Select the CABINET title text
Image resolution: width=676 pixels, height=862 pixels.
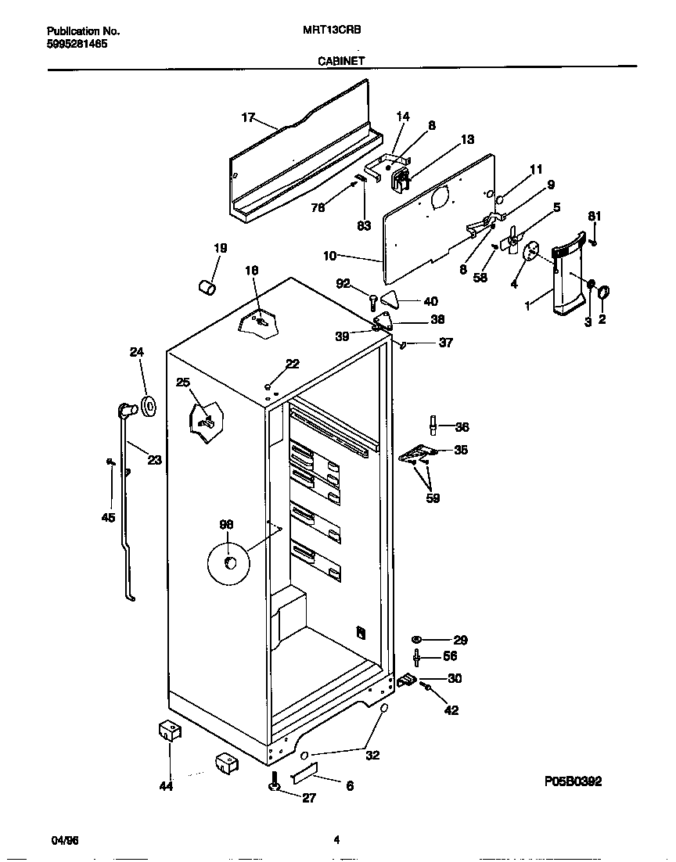click(340, 60)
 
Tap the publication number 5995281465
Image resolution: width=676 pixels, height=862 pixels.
click(77, 45)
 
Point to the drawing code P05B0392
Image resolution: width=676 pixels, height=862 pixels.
click(573, 781)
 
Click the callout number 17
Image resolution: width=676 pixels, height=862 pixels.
click(248, 118)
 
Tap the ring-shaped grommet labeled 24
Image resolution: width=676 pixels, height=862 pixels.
click(146, 406)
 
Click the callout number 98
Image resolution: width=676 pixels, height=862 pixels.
click(226, 525)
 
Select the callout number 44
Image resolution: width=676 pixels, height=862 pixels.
click(166, 785)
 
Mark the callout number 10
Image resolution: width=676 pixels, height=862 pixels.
click(330, 255)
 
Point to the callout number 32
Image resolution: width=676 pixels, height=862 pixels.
click(372, 756)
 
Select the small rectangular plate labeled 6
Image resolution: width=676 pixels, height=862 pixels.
click(305, 775)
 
